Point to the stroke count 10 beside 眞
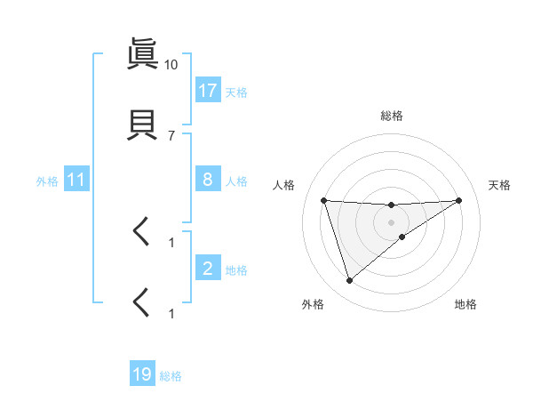171,65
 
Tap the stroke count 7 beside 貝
171,135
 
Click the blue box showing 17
208,90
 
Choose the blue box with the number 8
208,180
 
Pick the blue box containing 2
208,269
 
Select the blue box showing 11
76,180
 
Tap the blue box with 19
142,374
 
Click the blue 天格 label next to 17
236,92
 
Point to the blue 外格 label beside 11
47,181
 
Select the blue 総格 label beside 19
171,376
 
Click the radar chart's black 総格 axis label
391,116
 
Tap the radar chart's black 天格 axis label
499,185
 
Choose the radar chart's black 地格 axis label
465,304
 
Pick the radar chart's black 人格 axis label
285,185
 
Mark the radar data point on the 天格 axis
458,200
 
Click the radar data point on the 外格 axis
349,281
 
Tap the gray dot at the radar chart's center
391,222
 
